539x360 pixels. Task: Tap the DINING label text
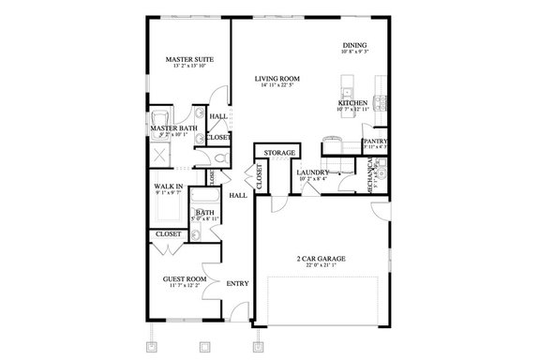[354, 44]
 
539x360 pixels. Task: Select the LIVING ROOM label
[278, 79]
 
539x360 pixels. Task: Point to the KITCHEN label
[352, 103]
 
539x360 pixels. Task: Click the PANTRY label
[376, 142]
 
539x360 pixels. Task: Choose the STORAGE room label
[279, 153]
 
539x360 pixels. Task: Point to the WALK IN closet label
[168, 187]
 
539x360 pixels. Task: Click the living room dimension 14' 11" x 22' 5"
[278, 86]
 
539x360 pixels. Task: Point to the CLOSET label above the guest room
[169, 233]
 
